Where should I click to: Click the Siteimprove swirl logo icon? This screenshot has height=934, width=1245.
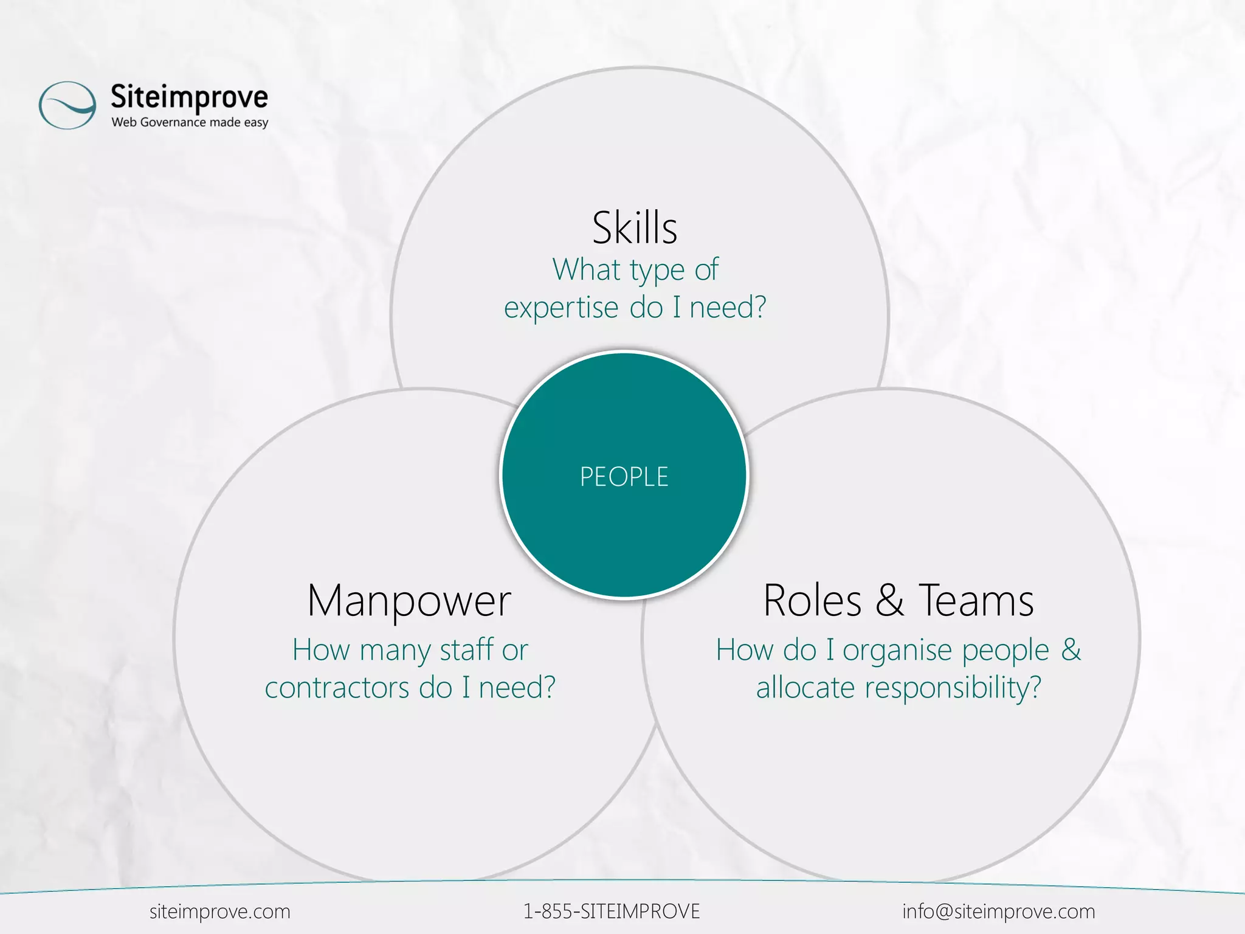click(67, 105)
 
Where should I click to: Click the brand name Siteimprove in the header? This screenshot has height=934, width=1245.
click(189, 97)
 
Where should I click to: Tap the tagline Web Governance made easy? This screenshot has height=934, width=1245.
click(190, 122)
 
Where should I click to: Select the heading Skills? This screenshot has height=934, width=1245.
click(635, 228)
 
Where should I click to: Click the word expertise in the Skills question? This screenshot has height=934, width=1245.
click(560, 308)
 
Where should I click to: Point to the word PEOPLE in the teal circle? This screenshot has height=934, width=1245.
click(624, 477)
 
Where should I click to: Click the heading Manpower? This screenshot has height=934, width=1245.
click(409, 601)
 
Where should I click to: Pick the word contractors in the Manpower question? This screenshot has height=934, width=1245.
click(337, 688)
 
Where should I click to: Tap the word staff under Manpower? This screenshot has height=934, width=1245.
click(466, 649)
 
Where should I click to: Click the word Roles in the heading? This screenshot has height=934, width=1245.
click(812, 601)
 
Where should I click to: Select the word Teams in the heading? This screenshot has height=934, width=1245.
click(976, 601)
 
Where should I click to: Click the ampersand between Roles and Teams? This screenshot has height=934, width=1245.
click(890, 601)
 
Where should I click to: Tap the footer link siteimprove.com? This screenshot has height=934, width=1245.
click(219, 912)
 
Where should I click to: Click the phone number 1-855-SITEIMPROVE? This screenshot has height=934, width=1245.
click(612, 912)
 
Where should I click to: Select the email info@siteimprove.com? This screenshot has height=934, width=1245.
click(998, 912)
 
